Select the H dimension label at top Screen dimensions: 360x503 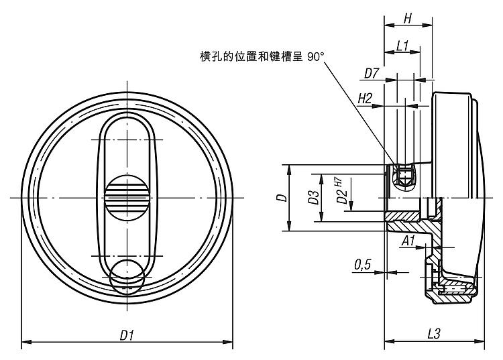[x=407, y=19]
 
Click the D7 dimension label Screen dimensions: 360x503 [x=373, y=72]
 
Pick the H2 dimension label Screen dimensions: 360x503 [x=366, y=98]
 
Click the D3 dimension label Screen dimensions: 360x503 [x=313, y=197]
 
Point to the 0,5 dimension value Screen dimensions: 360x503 [x=363, y=265]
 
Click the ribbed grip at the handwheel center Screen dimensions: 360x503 [x=127, y=198]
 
